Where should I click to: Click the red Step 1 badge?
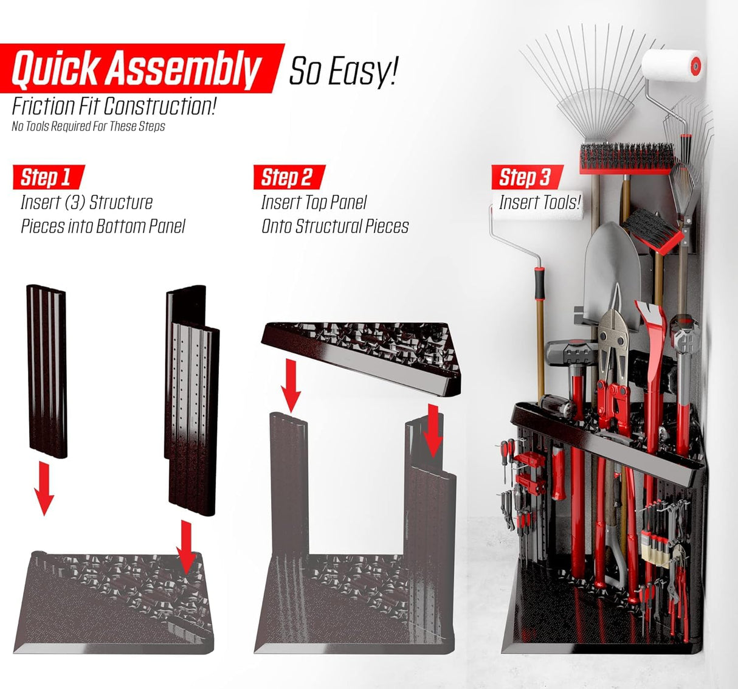(x=49, y=177)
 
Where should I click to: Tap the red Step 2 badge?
(x=289, y=177)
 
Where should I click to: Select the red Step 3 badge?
(x=527, y=177)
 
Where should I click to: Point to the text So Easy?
(x=343, y=71)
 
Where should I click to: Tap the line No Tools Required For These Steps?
(x=88, y=126)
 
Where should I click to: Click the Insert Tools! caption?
(x=539, y=203)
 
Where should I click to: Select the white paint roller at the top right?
(x=672, y=66)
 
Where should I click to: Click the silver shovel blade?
(x=612, y=273)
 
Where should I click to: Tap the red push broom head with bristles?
(x=627, y=158)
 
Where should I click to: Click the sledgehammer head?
(x=571, y=353)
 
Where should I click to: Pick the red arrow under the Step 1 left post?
(x=44, y=488)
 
